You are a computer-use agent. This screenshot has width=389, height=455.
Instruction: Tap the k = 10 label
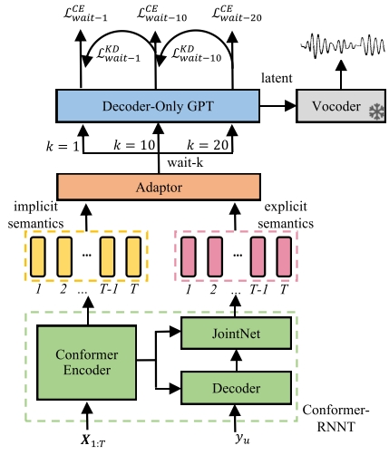tap(133, 145)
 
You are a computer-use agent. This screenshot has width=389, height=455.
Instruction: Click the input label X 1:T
tap(88, 440)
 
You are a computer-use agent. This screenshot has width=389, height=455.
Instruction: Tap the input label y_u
tap(240, 440)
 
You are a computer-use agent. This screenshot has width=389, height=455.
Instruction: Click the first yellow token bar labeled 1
tap(39, 257)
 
